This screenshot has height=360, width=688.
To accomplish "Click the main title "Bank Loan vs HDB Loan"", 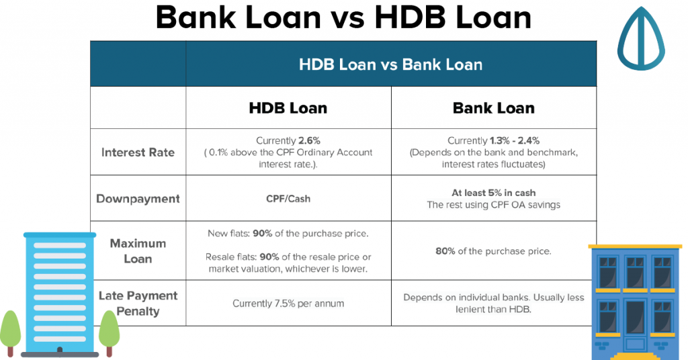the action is pos(343,17).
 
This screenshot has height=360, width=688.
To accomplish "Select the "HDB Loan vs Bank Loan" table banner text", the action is pos(390,64).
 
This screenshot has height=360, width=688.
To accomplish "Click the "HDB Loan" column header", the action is pos(288,108).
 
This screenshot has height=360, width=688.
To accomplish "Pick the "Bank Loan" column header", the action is pos(494,108).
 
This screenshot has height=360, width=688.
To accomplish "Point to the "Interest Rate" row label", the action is pos(138,152).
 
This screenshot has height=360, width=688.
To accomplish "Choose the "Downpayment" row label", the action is pos(138,199).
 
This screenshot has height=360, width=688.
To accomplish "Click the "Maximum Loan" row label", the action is pos(138,251).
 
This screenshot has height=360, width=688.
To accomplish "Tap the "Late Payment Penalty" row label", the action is pos(138,304).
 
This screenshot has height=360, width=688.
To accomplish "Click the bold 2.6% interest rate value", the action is pos(309,141).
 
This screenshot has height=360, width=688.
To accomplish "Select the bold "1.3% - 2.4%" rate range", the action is pos(514,141).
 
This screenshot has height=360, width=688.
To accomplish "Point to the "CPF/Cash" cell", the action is pos(288,199).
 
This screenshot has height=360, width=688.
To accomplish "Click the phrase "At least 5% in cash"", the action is pos(494,193).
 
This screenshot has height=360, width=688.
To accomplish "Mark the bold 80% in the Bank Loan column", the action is pos(445,251).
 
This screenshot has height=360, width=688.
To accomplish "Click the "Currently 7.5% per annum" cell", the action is pos(288,304).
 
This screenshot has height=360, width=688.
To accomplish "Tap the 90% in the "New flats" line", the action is pos(263,234).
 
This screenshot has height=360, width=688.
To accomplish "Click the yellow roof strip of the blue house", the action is pos(635,246).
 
